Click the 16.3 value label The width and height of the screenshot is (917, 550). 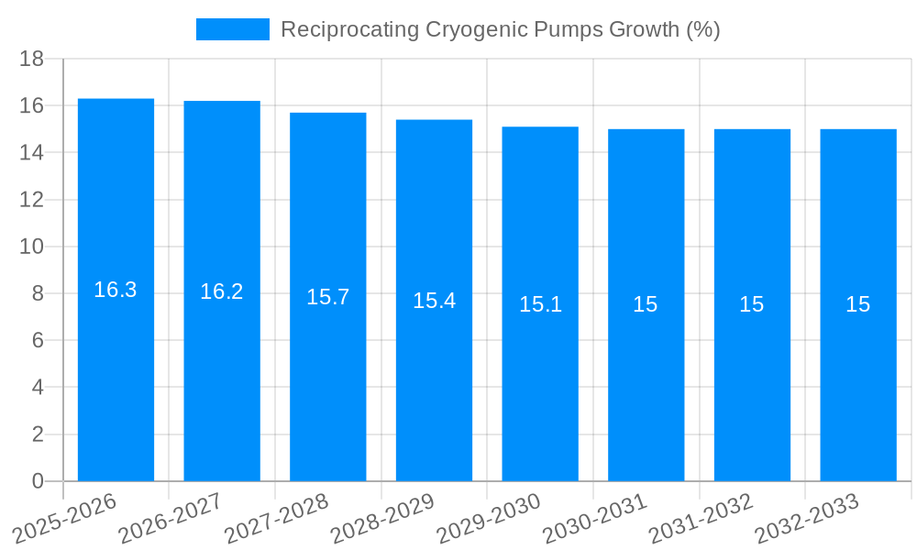coord(116,290)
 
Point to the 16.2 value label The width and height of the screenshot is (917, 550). coord(222,291)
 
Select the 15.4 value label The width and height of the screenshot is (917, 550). coord(434,301)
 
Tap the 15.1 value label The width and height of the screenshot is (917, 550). coord(540,304)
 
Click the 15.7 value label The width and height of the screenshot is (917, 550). coord(328,297)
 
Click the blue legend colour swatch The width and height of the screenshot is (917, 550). coord(233,29)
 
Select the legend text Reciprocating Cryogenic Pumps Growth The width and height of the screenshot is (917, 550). coord(500,29)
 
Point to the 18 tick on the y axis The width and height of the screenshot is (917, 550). coord(32,60)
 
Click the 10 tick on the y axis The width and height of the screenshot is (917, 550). coord(32,247)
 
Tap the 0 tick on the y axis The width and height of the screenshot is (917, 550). coord(38,481)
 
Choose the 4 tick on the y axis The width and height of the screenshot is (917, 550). coord(38,388)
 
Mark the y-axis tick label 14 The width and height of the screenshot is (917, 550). coord(32,153)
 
